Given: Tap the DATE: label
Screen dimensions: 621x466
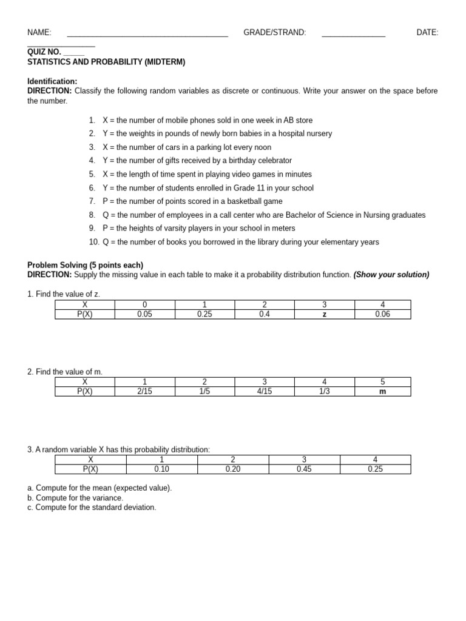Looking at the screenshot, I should pyautogui.click(x=427, y=33).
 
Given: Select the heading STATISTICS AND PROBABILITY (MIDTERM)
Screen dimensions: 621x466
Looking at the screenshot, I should pyautogui.click(x=106, y=62).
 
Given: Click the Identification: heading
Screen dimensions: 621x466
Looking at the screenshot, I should pyautogui.click(x=52, y=81).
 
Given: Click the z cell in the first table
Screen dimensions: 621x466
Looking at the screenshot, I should pyautogui.click(x=324, y=314).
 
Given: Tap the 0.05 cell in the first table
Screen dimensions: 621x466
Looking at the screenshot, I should pyautogui.click(x=144, y=314).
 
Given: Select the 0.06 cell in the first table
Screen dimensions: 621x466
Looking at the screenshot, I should pyautogui.click(x=383, y=314).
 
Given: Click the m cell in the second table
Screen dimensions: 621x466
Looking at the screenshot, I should pyautogui.click(x=383, y=391).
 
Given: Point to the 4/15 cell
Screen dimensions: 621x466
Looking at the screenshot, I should pyautogui.click(x=265, y=391).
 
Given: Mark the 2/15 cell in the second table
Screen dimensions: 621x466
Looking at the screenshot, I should pyautogui.click(x=144, y=391).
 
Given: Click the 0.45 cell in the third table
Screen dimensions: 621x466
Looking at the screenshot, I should pyautogui.click(x=305, y=469).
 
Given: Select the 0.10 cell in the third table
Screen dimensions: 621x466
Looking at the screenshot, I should pyautogui.click(x=161, y=469).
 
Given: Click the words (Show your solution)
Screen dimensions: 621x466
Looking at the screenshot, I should pyautogui.click(x=391, y=275).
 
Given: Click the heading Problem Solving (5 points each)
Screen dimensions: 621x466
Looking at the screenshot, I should pyautogui.click(x=86, y=265).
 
